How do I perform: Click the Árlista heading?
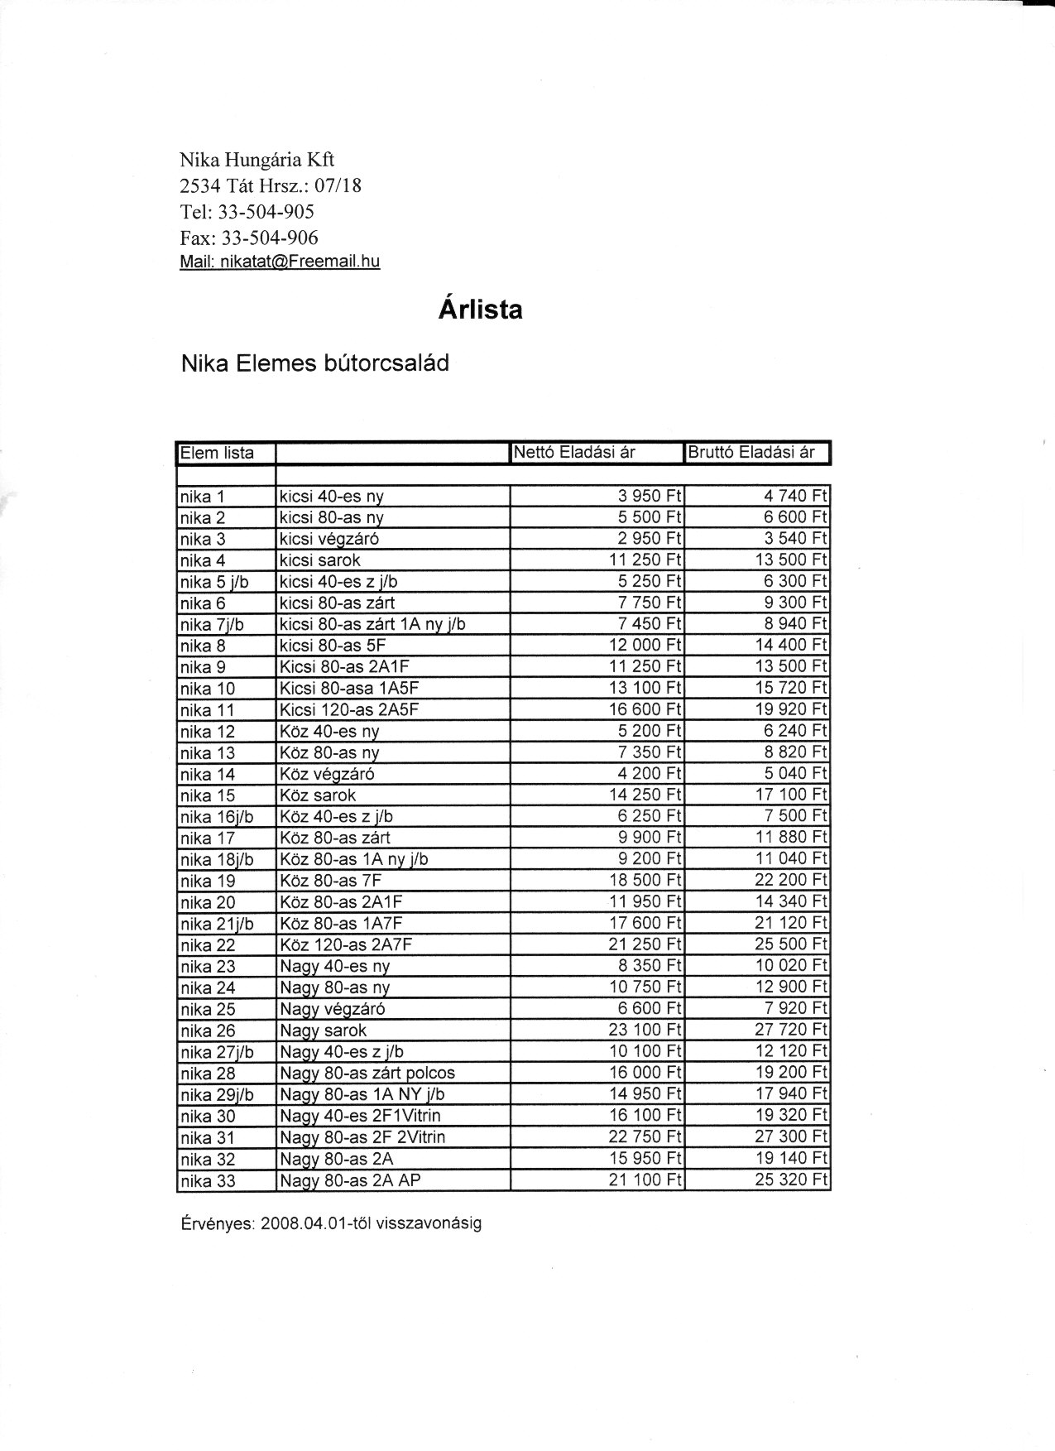480,310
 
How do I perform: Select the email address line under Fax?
280,262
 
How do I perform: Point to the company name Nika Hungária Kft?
257,161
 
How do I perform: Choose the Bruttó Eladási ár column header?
751,452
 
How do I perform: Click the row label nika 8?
203,646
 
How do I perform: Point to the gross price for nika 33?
790,1180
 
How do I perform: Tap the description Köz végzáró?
328,774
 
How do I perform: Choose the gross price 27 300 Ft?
790,1137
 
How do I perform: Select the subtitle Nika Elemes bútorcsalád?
315,363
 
